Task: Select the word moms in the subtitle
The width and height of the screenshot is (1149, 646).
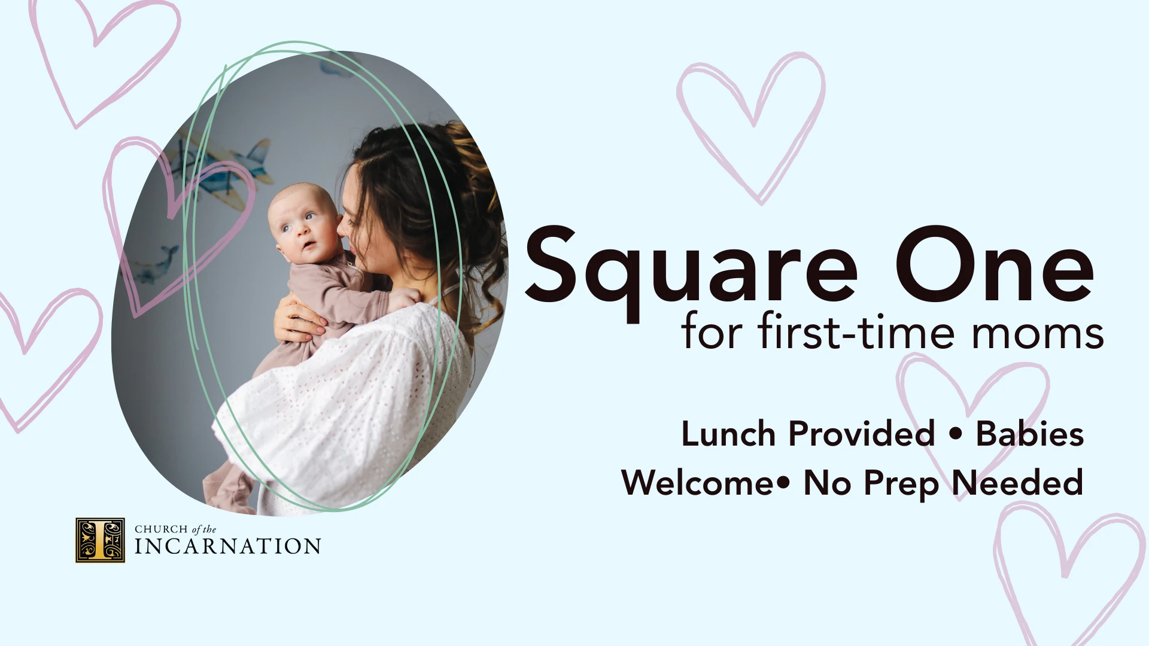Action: click(1038, 334)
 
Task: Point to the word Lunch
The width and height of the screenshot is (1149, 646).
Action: click(728, 434)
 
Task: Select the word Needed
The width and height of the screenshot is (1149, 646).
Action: click(1017, 482)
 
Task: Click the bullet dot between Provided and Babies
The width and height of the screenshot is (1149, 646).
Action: click(956, 434)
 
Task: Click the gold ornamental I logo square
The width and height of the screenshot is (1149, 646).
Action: click(100, 540)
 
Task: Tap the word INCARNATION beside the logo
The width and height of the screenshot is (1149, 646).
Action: click(227, 546)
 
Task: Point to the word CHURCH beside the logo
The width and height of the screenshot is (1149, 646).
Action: click(161, 529)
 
